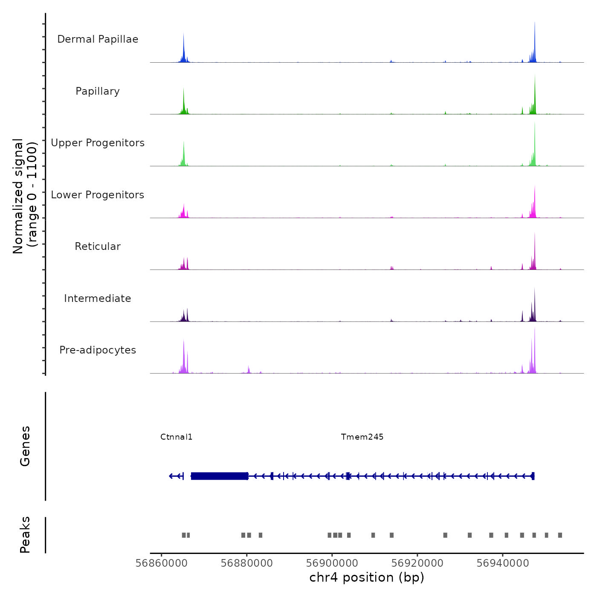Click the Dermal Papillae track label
click(98, 39)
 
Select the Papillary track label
click(98, 91)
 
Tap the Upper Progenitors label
click(98, 143)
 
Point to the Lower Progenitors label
click(98, 195)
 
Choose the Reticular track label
click(98, 246)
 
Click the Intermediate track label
click(98, 298)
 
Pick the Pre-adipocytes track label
click(98, 350)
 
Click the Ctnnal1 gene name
click(176, 437)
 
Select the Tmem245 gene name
click(362, 437)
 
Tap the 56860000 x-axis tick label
click(162, 563)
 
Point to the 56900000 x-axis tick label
click(332, 563)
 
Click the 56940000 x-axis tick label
click(503, 563)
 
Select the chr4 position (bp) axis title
click(367, 578)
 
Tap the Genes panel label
click(25, 446)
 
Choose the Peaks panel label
click(25, 535)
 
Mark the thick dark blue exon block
click(219, 476)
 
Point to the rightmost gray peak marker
click(560, 535)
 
